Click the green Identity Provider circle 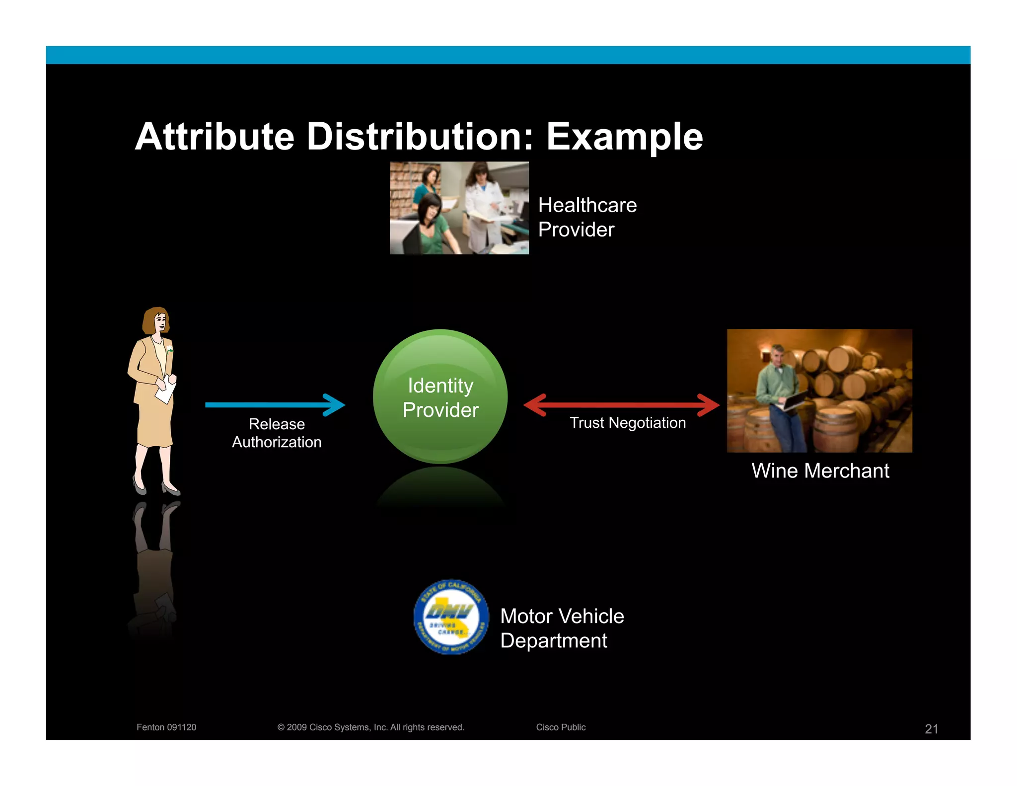[x=440, y=396]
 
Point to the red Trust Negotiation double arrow [x=621, y=404]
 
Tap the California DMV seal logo [x=451, y=617]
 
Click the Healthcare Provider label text [x=587, y=217]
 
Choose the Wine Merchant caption [x=820, y=471]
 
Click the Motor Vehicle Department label [x=562, y=628]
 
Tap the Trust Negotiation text [x=628, y=423]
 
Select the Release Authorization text [x=277, y=433]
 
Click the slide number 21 [x=931, y=729]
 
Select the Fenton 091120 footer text [x=166, y=727]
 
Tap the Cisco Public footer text [x=561, y=727]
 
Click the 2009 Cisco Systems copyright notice [x=370, y=727]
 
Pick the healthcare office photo [x=459, y=208]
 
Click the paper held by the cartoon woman [x=166, y=390]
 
